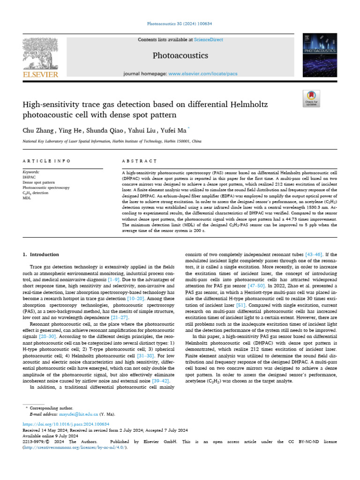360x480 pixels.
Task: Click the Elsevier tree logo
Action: [40, 57]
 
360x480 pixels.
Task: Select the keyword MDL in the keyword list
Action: [27, 198]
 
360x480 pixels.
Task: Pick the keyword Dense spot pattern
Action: [39, 183]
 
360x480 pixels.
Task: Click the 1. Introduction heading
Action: [41, 255]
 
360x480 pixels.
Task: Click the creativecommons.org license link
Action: [75, 448]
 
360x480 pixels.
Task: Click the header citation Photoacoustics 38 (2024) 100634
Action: [180, 23]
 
